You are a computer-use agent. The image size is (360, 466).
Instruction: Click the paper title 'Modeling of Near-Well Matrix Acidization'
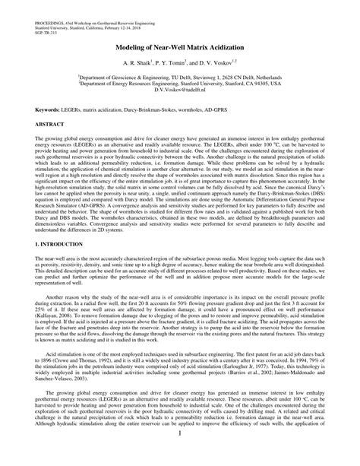pyautogui.click(x=179, y=46)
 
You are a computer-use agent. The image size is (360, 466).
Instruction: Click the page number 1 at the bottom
pyautogui.click(x=179, y=453)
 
